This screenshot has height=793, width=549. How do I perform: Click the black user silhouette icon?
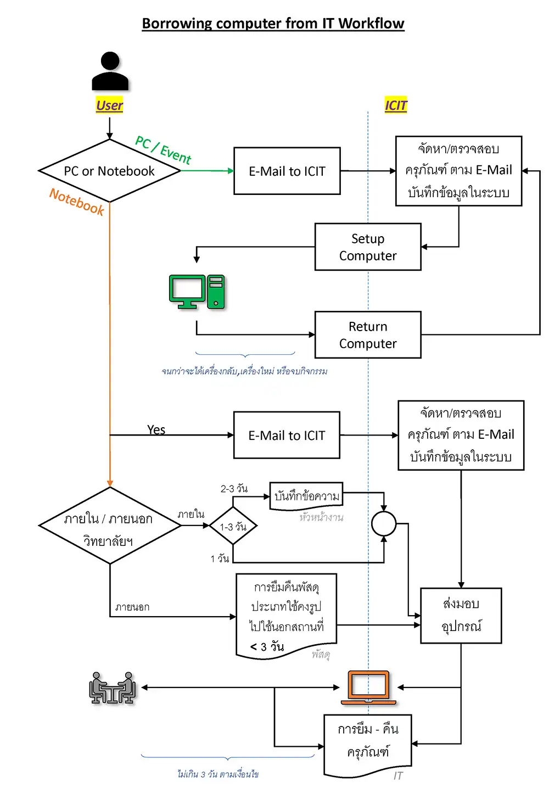click(x=110, y=71)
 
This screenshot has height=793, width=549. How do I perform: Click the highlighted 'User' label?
click(x=109, y=105)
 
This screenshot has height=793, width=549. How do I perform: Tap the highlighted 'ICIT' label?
click(x=396, y=105)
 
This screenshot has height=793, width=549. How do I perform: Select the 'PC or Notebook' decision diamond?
click(x=109, y=171)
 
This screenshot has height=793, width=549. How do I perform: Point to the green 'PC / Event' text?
click(x=163, y=149)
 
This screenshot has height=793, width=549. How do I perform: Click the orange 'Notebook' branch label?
click(x=77, y=202)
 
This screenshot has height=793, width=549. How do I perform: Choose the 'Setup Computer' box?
click(x=368, y=247)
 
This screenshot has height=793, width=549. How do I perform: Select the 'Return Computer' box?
click(x=368, y=335)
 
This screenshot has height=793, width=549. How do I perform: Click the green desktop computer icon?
click(x=197, y=292)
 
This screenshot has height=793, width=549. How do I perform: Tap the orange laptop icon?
click(x=368, y=687)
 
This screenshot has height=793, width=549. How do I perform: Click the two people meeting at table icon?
click(x=112, y=688)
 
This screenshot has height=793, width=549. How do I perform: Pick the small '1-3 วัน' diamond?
click(x=233, y=526)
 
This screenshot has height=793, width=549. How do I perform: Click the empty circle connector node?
click(x=384, y=523)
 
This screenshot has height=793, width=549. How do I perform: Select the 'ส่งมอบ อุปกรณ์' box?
click(x=461, y=615)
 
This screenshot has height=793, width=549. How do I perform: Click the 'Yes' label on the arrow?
click(x=156, y=429)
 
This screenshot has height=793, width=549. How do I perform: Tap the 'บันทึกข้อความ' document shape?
click(x=306, y=496)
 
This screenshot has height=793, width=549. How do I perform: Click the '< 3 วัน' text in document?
click(x=267, y=646)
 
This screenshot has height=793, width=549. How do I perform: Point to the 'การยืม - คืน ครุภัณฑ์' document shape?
click(x=367, y=741)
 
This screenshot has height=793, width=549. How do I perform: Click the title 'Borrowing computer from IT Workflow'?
click(x=273, y=24)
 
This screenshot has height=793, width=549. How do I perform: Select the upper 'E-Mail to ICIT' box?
click(x=287, y=171)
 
